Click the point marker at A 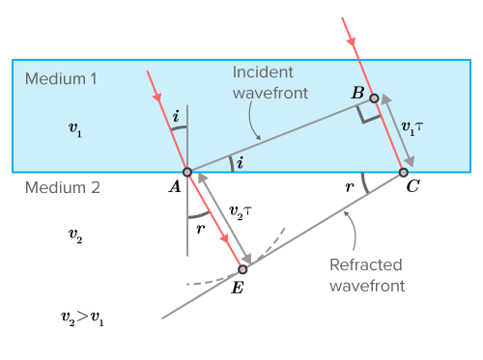(187, 172)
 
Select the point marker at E (242, 269)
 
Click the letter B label (357, 94)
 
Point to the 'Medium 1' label (62, 78)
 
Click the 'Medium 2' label (62, 188)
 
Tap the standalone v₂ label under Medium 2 (74, 234)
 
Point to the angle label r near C (349, 187)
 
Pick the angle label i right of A (240, 163)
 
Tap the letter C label (412, 188)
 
